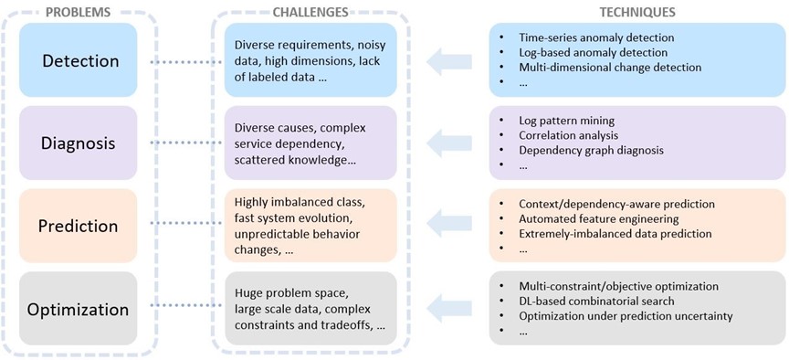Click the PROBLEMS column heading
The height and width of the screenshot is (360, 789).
tap(78, 12)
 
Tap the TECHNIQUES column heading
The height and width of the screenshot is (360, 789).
tap(636, 12)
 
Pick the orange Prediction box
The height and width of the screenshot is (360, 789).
tap(78, 226)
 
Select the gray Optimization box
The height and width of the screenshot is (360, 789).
tap(78, 308)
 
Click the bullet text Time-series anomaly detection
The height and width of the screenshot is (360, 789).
tap(595, 37)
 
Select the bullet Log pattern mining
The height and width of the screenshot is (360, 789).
tap(566, 121)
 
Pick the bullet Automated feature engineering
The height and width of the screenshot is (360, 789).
tap(598, 218)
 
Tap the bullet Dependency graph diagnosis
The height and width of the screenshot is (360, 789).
tap(591, 150)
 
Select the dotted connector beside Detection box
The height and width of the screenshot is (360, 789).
tap(181, 61)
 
